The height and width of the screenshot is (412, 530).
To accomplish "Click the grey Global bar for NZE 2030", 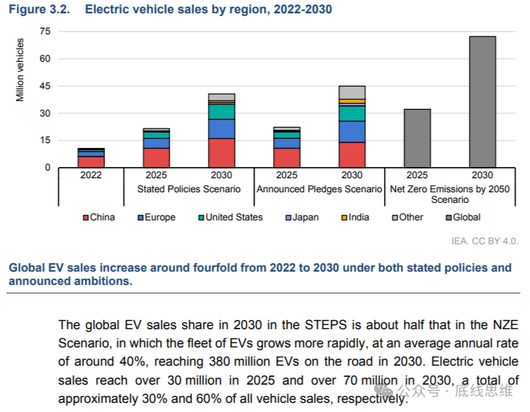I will tap(482, 102).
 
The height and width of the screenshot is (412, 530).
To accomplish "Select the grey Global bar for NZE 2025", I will tap(417, 138).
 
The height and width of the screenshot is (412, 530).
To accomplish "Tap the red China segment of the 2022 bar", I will tap(91, 162).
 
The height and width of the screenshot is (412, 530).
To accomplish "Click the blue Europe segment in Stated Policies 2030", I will tap(221, 128).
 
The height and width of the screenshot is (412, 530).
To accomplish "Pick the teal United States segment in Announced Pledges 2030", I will tap(352, 113).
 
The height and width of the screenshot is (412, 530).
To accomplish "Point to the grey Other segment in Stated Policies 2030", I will tap(221, 97).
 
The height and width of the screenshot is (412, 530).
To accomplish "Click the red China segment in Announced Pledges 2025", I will tap(286, 158).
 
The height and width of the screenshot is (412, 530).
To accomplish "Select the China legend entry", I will tap(98, 217).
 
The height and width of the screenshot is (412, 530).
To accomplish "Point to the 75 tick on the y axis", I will tap(46, 32).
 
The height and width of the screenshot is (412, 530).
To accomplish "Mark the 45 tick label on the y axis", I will tap(46, 86).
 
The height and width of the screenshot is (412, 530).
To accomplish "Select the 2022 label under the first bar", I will tap(91, 175).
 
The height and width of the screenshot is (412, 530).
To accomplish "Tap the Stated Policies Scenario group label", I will tap(189, 189).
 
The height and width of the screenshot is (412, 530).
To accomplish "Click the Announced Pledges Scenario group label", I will tap(319, 189).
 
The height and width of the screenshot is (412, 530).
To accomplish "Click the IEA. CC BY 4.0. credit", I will tap(484, 241).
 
